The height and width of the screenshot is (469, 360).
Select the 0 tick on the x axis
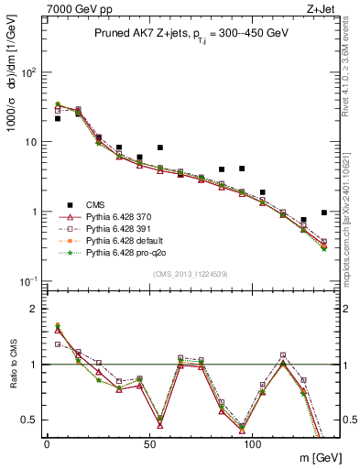coord(47,443)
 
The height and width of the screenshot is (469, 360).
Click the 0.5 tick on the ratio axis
coord(29,420)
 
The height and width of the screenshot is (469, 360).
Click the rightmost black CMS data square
coord(324,213)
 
